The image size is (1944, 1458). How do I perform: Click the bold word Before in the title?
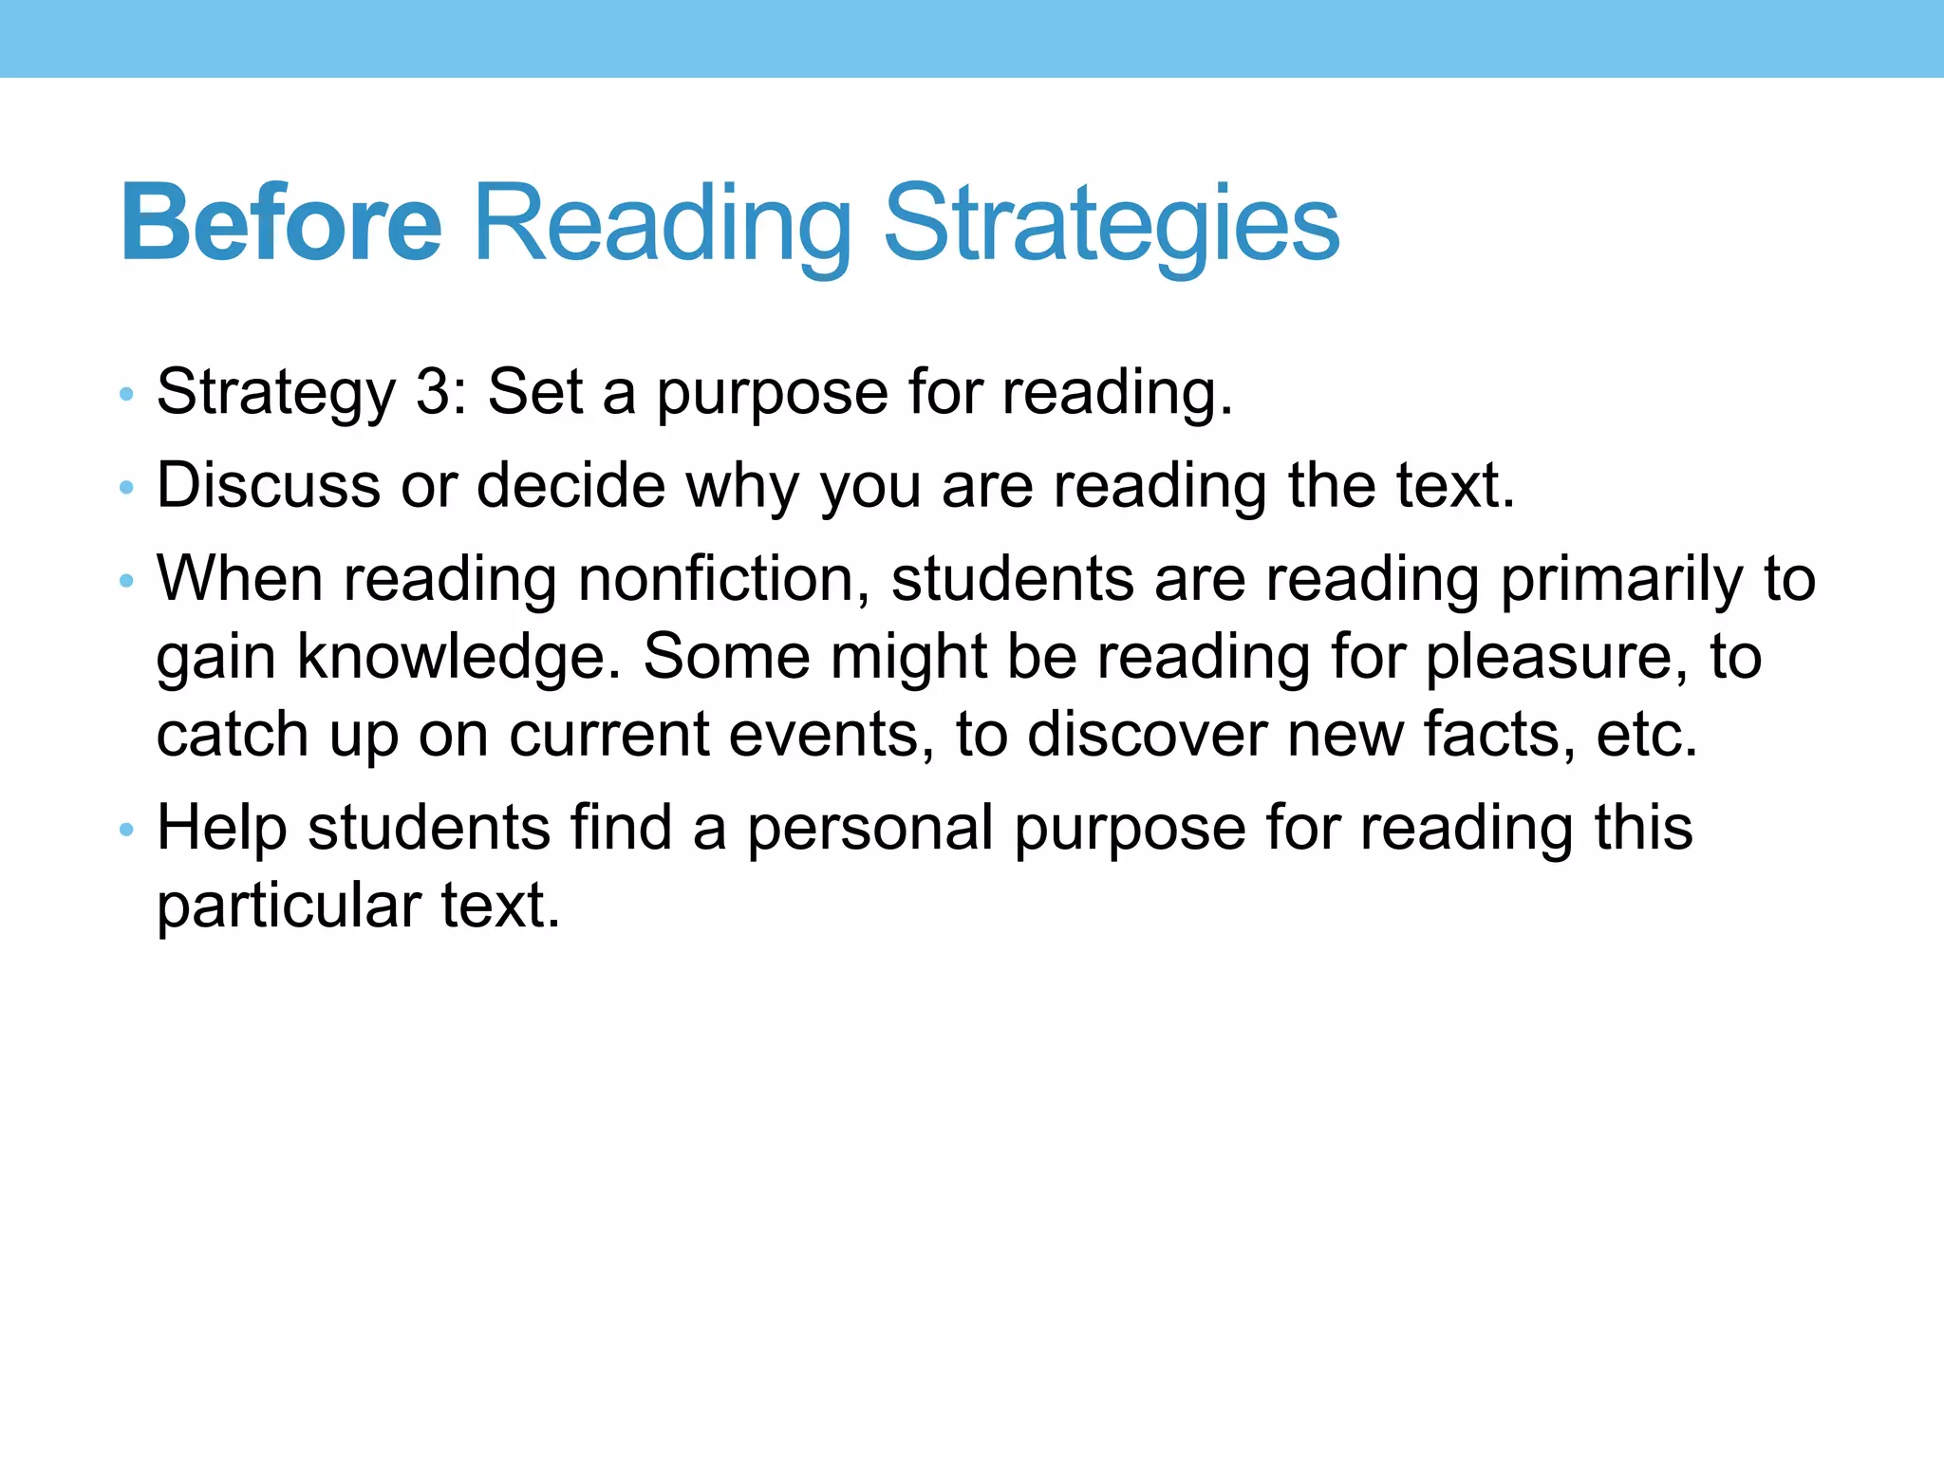(281, 224)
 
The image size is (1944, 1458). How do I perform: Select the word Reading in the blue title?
(663, 224)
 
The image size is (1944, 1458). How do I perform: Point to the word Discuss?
(269, 485)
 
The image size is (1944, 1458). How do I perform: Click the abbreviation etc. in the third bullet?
(1646, 734)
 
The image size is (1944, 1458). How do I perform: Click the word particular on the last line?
(289, 905)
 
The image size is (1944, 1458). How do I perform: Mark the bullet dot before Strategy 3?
(126, 394)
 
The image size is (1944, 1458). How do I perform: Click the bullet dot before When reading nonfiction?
(126, 581)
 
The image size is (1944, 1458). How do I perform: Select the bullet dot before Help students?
(126, 830)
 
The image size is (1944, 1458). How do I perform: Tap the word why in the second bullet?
(742, 485)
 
